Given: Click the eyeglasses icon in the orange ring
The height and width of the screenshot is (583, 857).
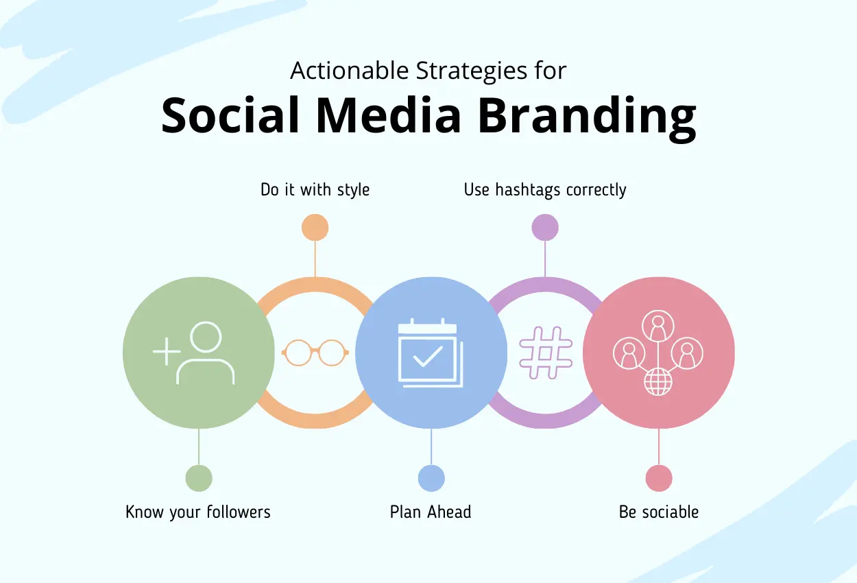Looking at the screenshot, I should (315, 353).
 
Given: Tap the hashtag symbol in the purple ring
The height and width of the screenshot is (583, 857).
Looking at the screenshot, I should (546, 353).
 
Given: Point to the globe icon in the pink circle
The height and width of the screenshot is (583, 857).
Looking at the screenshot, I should (658, 381).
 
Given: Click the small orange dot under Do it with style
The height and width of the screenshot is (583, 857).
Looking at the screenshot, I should (315, 227).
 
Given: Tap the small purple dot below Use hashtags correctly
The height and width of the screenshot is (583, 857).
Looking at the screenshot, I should (545, 227).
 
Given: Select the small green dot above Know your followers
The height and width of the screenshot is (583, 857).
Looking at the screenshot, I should (199, 478).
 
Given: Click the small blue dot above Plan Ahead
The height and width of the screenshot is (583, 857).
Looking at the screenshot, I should (431, 478).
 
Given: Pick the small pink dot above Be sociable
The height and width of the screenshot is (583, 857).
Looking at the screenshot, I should (659, 478).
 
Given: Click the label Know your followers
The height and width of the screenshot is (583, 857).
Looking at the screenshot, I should (198, 512).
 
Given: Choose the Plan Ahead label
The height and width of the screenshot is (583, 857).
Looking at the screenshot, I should (431, 512).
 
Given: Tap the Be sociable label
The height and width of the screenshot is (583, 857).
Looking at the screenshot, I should (659, 512).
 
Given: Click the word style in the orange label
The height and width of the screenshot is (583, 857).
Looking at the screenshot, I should (352, 189).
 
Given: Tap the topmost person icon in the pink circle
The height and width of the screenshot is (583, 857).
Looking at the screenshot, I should (658, 326).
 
